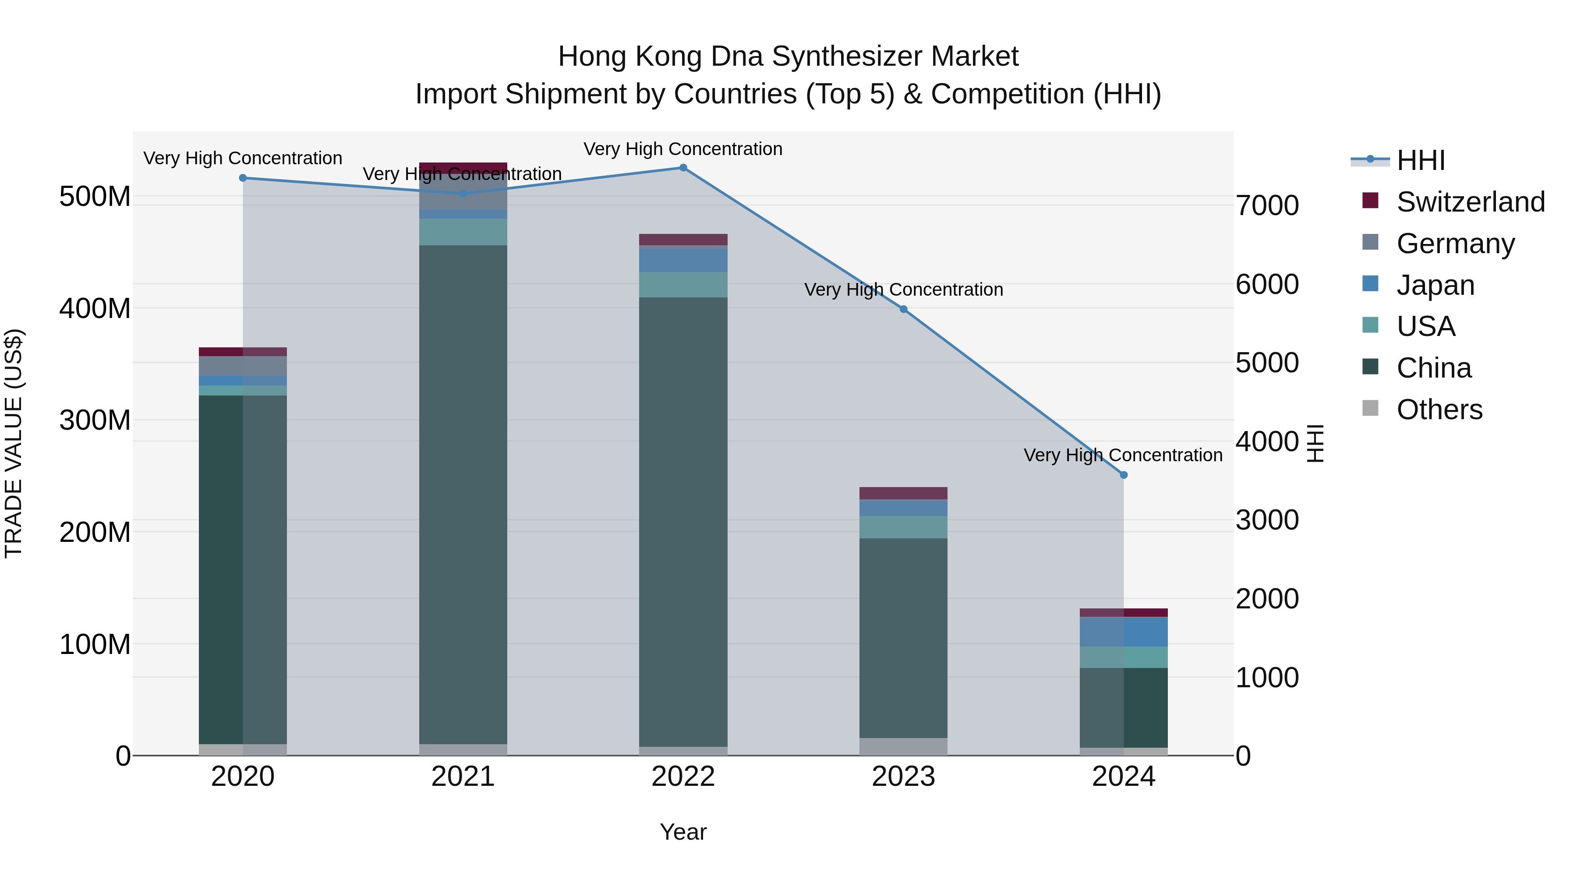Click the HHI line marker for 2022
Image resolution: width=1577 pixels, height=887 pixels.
(683, 168)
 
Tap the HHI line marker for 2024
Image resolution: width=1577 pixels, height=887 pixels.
(1123, 475)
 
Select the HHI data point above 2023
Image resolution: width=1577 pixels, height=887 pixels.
(904, 309)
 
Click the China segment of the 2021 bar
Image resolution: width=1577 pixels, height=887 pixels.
(463, 490)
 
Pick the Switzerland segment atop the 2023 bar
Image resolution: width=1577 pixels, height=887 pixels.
(904, 493)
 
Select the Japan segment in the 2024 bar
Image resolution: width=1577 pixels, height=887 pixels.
(1123, 632)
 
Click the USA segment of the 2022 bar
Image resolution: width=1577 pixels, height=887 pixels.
(683, 285)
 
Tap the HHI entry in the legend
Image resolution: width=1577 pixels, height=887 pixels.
(1420, 160)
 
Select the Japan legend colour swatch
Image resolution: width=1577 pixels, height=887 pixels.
(1370, 284)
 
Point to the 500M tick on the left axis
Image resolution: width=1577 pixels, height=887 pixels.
(95, 197)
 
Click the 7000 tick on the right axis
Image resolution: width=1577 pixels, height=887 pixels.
(1266, 206)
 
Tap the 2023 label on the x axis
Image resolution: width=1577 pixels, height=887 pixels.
(904, 777)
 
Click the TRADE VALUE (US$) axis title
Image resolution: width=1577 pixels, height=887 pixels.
(14, 443)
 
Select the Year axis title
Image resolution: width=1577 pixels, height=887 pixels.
(683, 832)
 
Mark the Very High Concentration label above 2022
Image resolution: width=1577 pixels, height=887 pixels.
(683, 149)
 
